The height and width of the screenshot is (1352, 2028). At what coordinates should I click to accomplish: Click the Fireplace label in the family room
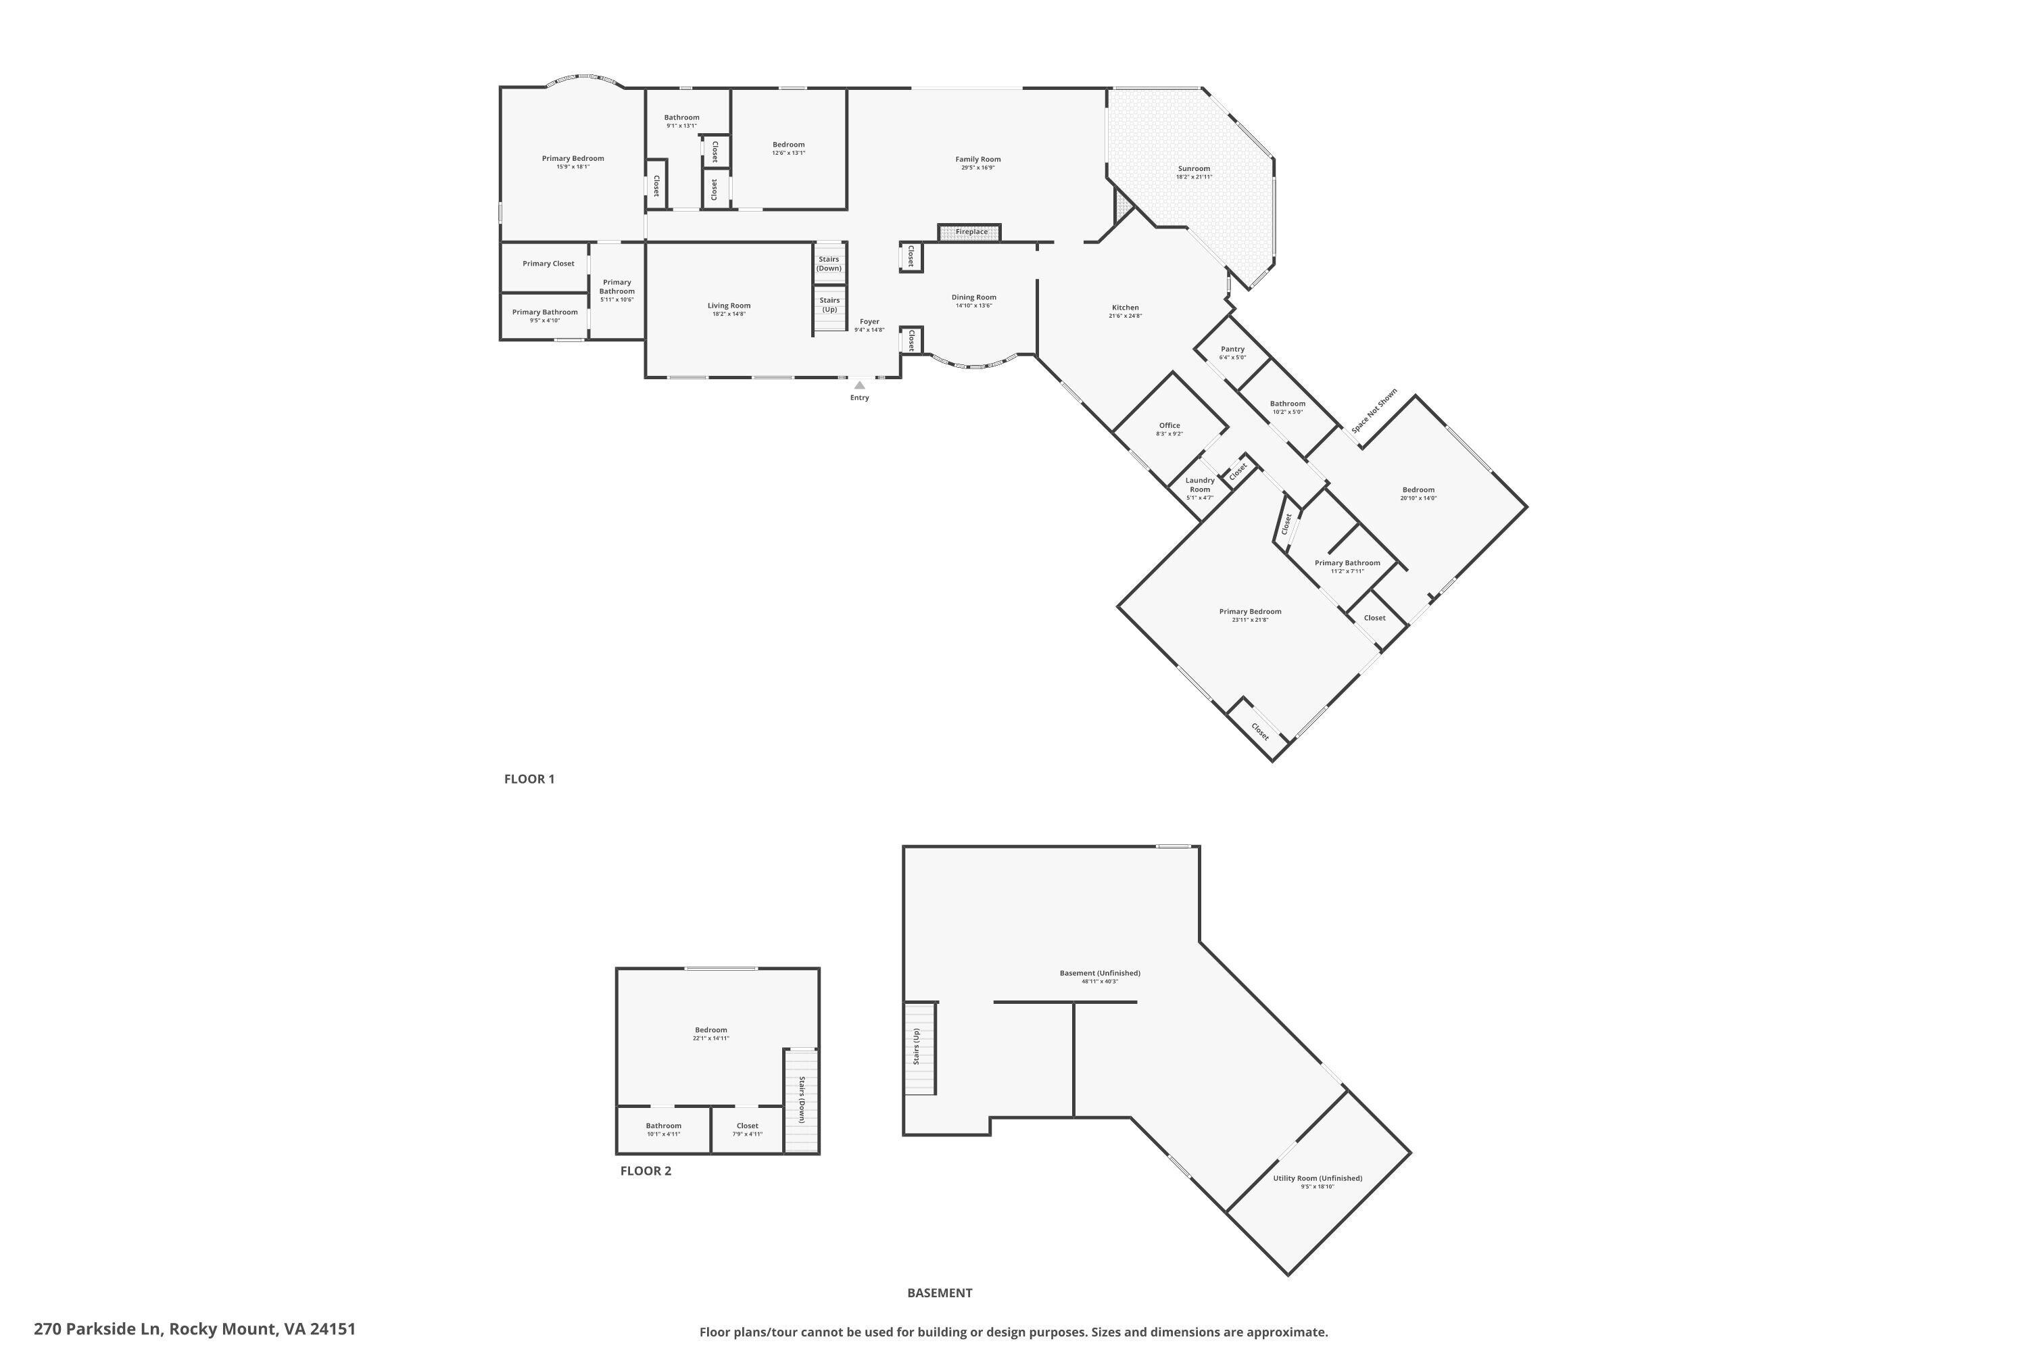point(971,232)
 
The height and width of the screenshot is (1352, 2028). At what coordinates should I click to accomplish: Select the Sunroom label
point(1194,169)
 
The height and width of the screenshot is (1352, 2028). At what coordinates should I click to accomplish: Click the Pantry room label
point(1232,349)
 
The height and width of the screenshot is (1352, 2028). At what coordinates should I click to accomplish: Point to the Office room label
point(1169,425)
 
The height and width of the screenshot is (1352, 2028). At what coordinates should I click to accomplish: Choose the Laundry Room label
point(1199,485)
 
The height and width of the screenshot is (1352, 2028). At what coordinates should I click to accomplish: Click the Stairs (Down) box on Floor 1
point(829,264)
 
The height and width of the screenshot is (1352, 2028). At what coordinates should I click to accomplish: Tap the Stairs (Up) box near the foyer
point(829,306)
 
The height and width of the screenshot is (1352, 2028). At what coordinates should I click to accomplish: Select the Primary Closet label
point(548,264)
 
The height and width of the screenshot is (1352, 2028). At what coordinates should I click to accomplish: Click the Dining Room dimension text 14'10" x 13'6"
point(973,306)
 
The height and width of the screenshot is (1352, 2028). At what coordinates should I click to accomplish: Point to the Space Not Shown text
point(1374,411)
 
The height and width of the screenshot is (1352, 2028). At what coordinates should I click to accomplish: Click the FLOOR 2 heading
point(645,1171)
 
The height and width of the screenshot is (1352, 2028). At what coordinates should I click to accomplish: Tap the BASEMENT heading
point(939,1293)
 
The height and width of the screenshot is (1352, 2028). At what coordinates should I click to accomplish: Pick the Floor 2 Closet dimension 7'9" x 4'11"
point(747,1135)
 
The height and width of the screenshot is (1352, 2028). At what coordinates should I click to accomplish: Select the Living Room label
point(729,306)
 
